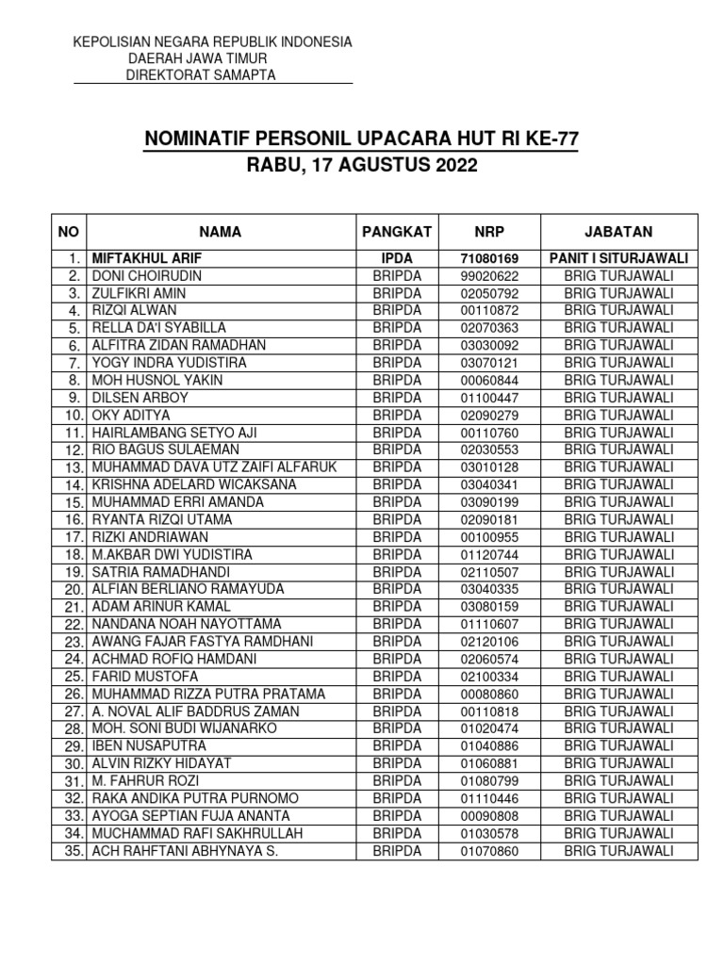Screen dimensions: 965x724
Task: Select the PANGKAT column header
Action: (x=397, y=232)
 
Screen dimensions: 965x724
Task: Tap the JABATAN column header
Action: (x=618, y=232)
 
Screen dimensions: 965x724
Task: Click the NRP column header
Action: (x=489, y=232)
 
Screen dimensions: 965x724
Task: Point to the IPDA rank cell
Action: (x=397, y=258)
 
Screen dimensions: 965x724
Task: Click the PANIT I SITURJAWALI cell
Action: (x=618, y=258)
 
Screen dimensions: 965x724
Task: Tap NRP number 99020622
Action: (x=489, y=276)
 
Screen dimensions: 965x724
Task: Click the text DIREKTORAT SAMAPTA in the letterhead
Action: (x=201, y=75)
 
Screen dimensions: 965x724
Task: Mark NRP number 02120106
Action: (x=489, y=642)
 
